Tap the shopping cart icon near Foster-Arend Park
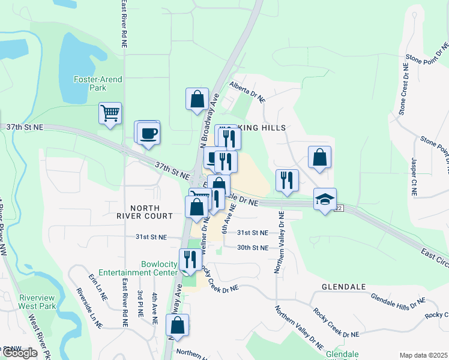pos(110,113)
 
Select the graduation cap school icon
pos(325,200)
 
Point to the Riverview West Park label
pos(37,302)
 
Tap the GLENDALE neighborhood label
pos(343,287)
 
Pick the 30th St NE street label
pos(252,247)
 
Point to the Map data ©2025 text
pos(423,355)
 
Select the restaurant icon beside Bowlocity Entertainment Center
pos(190,259)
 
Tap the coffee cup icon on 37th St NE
pos(148,133)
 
